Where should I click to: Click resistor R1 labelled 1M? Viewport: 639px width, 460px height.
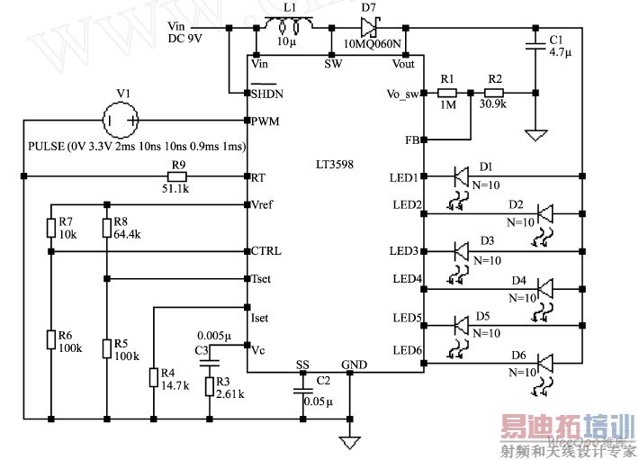(447, 93)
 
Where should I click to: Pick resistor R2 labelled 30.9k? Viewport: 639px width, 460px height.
(493, 93)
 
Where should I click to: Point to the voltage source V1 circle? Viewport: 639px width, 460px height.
(121, 120)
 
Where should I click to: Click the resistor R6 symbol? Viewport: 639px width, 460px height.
(51, 339)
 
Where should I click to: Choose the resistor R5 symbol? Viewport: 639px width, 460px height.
(106, 347)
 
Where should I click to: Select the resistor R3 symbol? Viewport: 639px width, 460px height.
(210, 387)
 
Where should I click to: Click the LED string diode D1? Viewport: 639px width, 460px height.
(462, 175)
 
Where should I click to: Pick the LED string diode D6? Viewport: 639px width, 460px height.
(545, 362)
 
